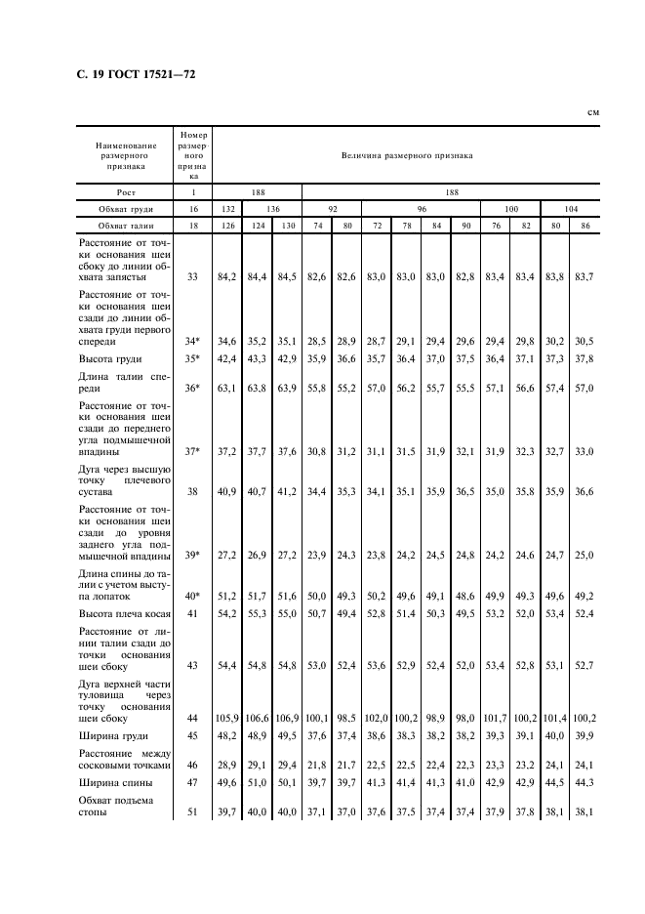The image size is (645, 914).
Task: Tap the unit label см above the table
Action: (x=592, y=113)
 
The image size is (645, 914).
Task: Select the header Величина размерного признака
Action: (x=406, y=155)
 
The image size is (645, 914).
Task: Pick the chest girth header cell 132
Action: (x=227, y=209)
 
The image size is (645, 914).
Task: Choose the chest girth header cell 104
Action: (x=571, y=209)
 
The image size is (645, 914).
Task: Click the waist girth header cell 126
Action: (x=227, y=226)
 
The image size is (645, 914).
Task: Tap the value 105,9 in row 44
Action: (x=227, y=718)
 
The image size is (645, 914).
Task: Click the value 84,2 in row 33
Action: (x=227, y=276)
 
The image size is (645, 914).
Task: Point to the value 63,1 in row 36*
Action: (x=227, y=388)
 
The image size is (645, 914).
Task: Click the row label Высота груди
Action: (x=110, y=359)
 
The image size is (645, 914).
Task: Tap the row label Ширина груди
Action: (x=113, y=735)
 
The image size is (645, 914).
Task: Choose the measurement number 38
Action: (x=192, y=492)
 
